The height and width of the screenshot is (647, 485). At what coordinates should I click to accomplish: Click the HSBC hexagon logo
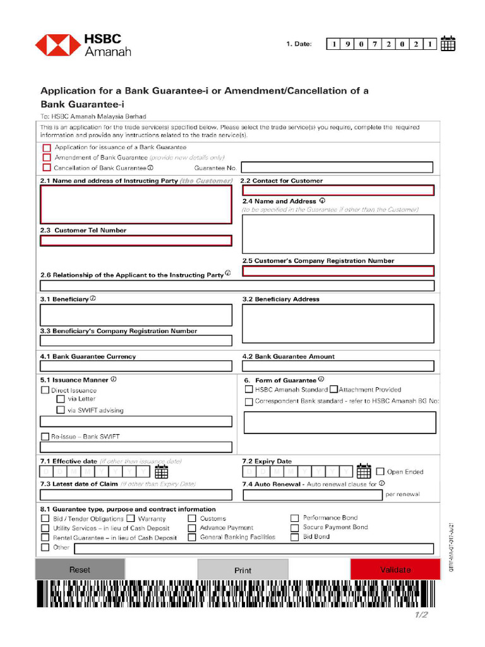[57, 45]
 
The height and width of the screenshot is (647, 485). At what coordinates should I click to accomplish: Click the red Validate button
[395, 569]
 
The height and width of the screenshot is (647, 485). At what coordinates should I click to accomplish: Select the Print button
[242, 570]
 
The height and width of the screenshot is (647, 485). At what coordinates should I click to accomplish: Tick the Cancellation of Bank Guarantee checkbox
[47, 168]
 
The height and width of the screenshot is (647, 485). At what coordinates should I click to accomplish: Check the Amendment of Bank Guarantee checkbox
[47, 157]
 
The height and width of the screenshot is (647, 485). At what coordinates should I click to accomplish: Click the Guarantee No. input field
[337, 167]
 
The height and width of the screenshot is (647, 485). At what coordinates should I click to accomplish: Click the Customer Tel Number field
[136, 241]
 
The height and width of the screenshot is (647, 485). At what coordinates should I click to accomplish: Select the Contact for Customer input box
[338, 190]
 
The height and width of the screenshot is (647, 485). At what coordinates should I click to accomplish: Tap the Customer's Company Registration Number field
[338, 271]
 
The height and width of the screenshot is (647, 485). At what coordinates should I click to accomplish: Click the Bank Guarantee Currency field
[136, 366]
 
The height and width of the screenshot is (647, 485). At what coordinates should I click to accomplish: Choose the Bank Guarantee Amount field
[338, 366]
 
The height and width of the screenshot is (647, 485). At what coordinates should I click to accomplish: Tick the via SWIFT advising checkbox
[61, 410]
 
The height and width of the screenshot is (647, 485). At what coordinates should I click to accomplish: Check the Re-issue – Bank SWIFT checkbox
[45, 437]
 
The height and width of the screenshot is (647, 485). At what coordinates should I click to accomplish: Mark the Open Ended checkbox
[380, 471]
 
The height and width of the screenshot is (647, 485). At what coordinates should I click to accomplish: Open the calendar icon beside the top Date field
[448, 44]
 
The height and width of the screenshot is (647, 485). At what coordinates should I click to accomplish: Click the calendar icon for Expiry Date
[364, 471]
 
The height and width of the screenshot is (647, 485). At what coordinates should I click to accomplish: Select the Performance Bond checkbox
[294, 519]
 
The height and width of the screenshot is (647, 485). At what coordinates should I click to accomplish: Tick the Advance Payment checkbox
[192, 528]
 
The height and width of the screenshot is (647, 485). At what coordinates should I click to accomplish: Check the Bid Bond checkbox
[294, 537]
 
